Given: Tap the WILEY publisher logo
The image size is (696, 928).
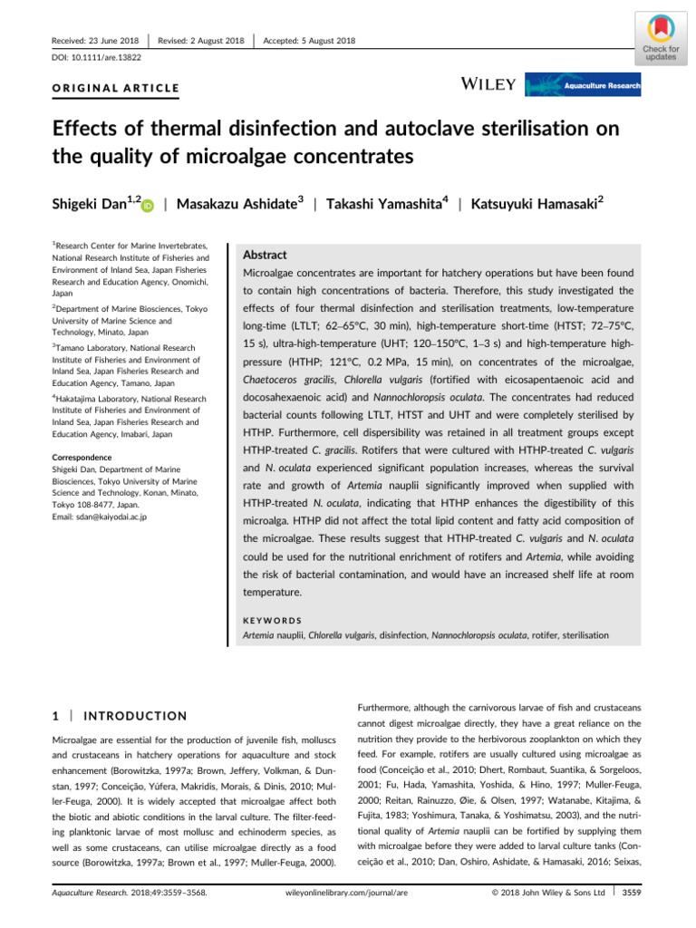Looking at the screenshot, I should click(x=489, y=85).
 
